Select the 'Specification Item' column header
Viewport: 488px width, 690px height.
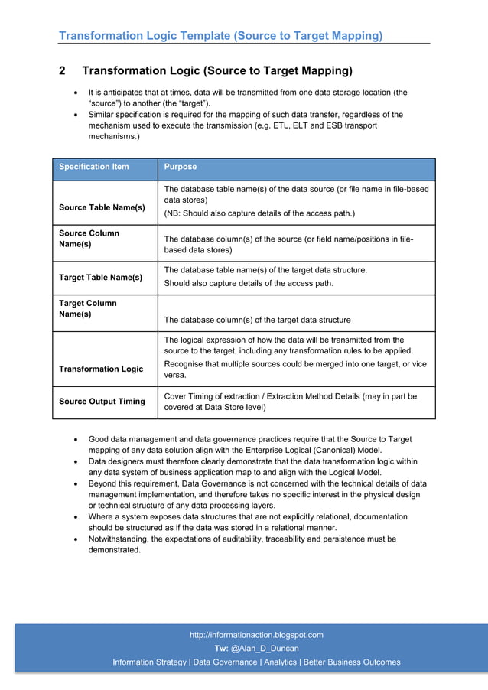click(x=94, y=167)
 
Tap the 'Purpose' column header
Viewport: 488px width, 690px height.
click(x=181, y=167)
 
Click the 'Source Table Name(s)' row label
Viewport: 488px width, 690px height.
click(x=102, y=207)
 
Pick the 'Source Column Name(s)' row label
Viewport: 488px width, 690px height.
click(x=89, y=238)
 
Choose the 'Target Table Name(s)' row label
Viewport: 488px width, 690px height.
click(x=100, y=278)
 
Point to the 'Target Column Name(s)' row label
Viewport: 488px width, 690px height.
click(x=88, y=308)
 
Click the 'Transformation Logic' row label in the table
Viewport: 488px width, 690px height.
click(x=101, y=369)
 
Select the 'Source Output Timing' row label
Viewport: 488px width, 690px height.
click(x=102, y=402)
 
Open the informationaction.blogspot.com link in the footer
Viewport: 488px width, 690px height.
click(x=256, y=635)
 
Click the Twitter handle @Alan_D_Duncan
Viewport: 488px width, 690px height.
click(x=265, y=649)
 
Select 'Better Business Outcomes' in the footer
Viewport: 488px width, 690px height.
click(x=352, y=662)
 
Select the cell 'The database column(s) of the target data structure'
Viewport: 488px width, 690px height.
click(x=258, y=320)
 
